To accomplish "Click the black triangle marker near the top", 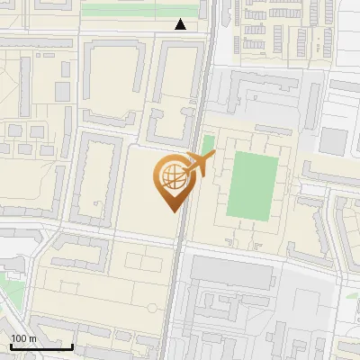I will click(x=181, y=24).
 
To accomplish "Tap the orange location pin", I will click(x=173, y=181).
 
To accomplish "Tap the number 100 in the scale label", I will click(x=19, y=337).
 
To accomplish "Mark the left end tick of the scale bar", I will click(x=10, y=346).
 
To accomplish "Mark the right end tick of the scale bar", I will click(x=72, y=346).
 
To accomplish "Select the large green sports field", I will click(x=254, y=184).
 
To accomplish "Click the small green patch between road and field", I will click(x=208, y=144).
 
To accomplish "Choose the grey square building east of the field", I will click(x=333, y=141).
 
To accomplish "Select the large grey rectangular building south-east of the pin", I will click(x=230, y=273).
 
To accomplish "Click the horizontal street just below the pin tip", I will click(x=108, y=237).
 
